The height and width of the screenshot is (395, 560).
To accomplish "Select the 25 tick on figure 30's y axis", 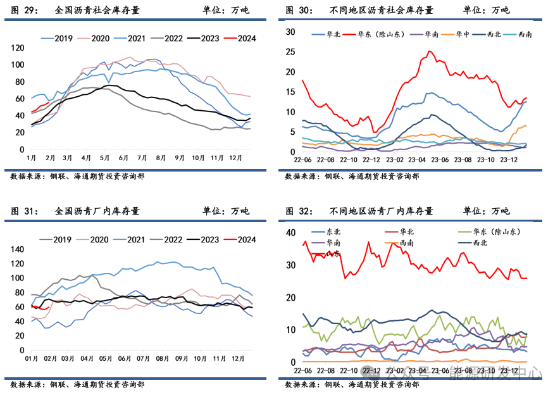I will pyautogui.click(x=290, y=52).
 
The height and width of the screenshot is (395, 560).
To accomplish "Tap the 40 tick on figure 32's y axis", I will pyautogui.click(x=290, y=233).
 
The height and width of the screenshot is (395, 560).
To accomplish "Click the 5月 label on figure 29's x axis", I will pyautogui.click(x=104, y=157).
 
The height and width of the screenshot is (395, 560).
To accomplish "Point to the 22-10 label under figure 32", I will pyautogui.click(x=349, y=370).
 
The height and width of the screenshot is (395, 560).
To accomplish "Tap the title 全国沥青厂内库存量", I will pyautogui.click(x=97, y=211).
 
